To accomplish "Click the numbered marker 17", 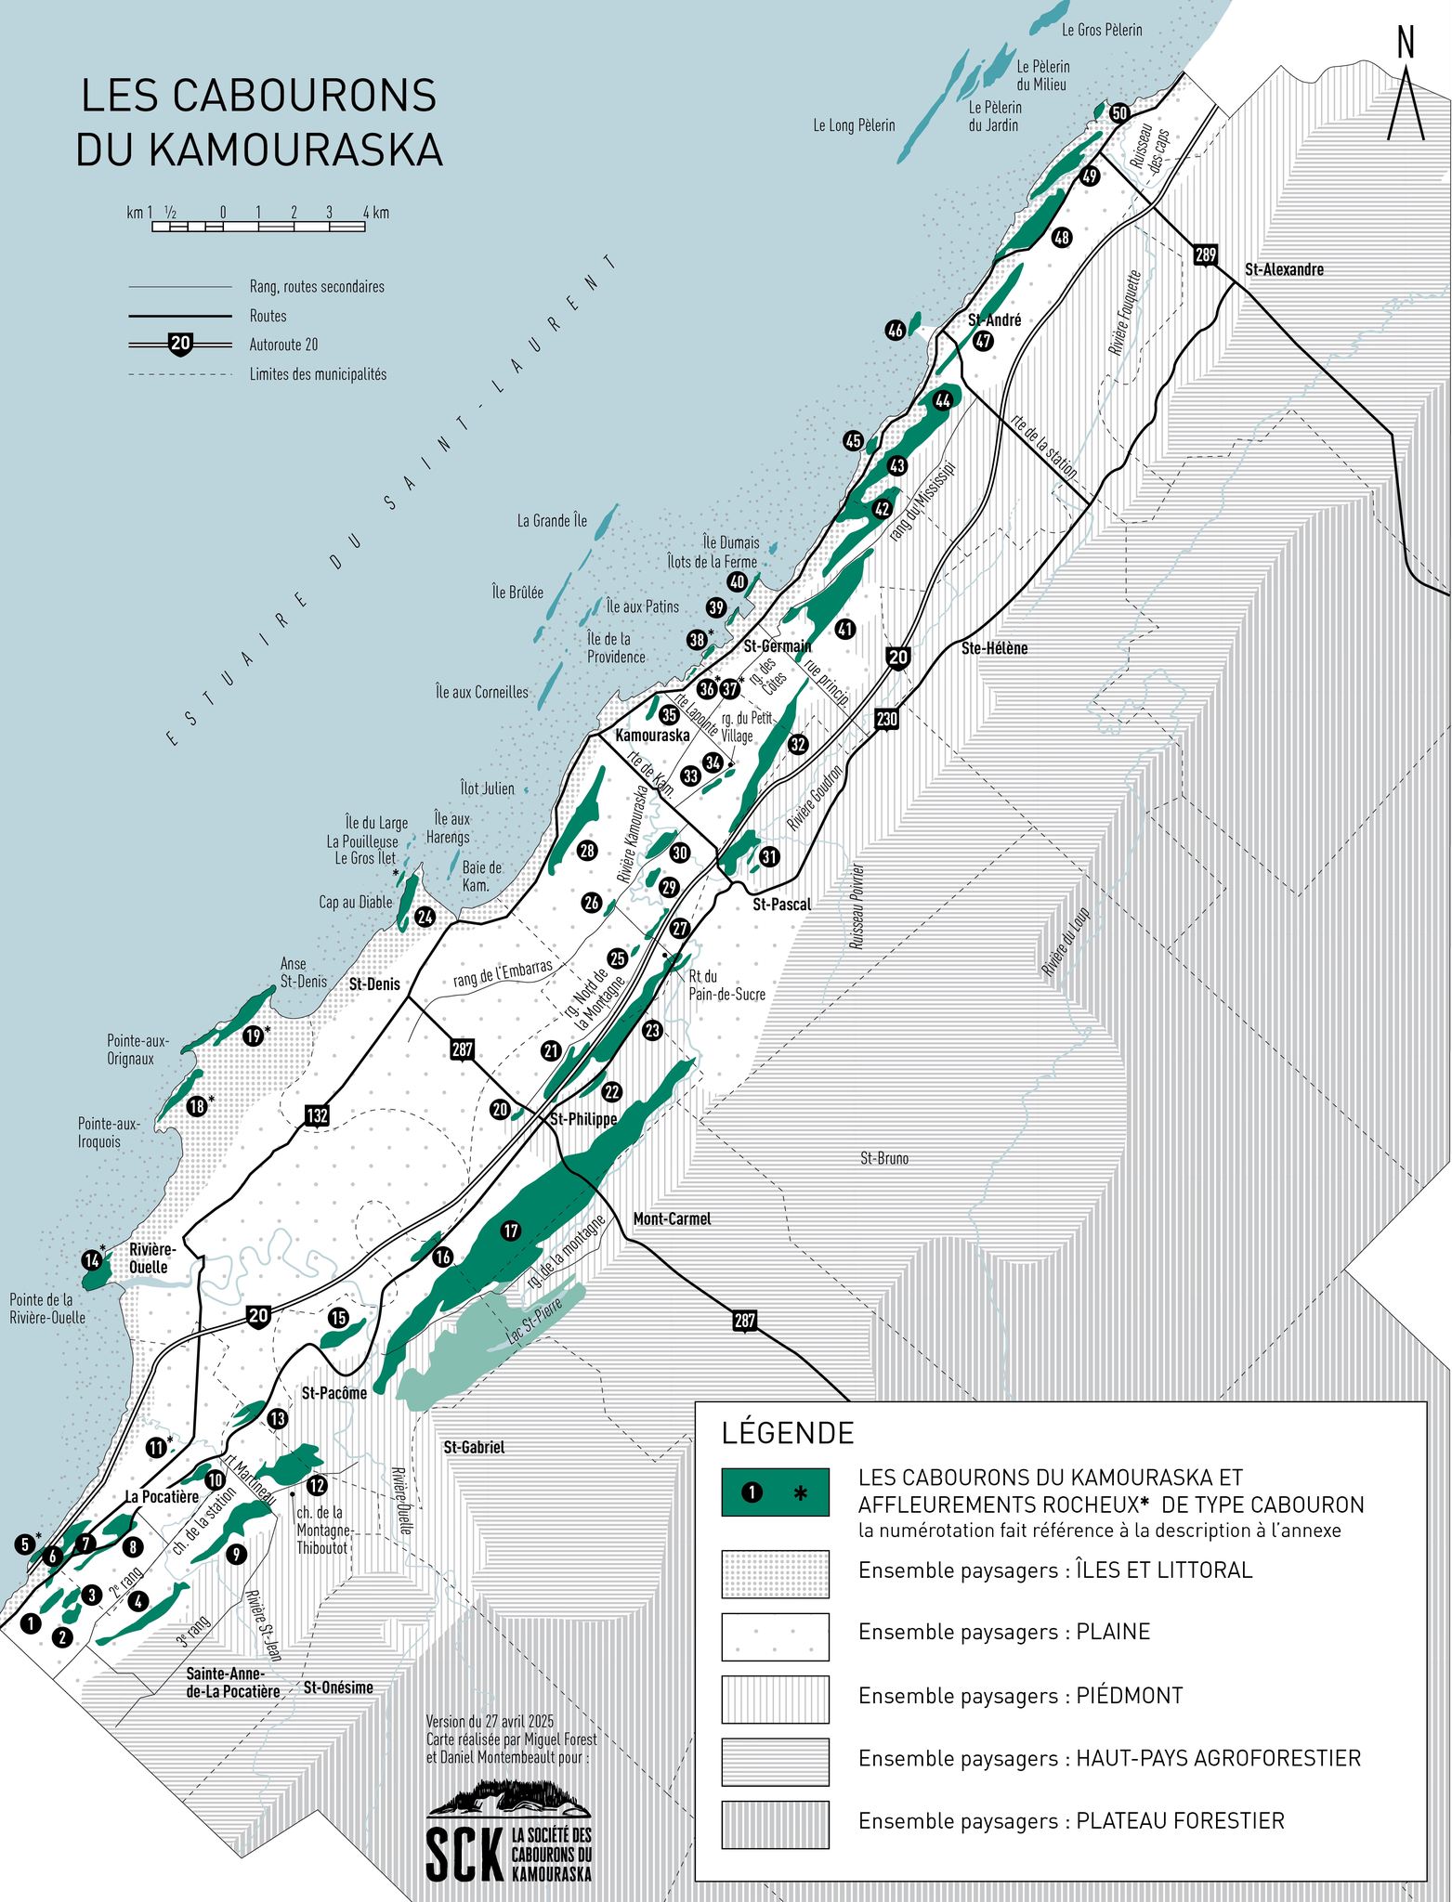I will (510, 1231).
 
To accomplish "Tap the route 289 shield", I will (1205, 255).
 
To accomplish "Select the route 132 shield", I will (317, 1115).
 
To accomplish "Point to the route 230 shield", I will (886, 719).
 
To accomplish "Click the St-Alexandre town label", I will (1284, 269).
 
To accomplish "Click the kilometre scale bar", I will (258, 226).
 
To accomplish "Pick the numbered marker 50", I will (1119, 113).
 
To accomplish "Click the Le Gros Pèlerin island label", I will (1102, 30).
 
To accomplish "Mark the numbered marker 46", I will (895, 331).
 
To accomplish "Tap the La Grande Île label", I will (552, 521).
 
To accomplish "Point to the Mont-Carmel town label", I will (672, 1218).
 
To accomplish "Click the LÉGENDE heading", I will (787, 1433).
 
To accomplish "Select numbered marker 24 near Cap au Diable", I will (425, 917).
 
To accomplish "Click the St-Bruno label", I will (883, 1158).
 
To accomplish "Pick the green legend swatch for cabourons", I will (775, 1492).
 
